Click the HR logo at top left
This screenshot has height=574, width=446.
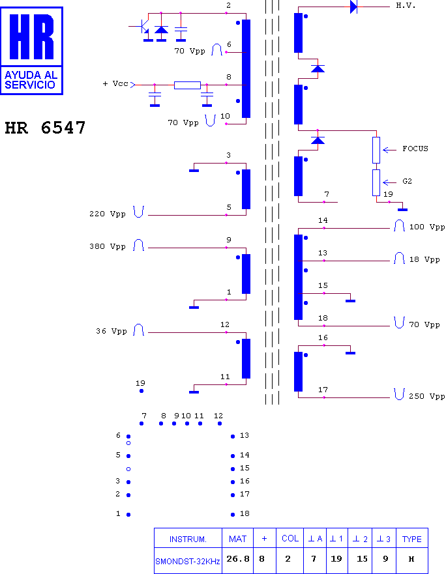click(x=31, y=51)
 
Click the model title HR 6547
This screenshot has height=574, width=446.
click(x=45, y=128)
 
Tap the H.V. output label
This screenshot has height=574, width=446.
click(x=406, y=5)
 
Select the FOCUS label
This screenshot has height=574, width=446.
click(x=415, y=149)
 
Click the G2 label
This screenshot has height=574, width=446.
click(x=407, y=181)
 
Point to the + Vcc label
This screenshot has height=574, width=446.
click(x=115, y=83)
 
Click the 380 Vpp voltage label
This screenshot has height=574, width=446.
click(x=108, y=246)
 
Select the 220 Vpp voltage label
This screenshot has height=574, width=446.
click(x=108, y=214)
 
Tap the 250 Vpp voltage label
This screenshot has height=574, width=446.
click(x=427, y=396)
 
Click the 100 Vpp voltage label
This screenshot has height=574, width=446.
click(x=427, y=227)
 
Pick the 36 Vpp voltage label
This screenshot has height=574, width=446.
click(x=111, y=331)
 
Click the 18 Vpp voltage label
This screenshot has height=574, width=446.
click(x=424, y=259)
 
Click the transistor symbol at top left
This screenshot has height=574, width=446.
click(x=143, y=26)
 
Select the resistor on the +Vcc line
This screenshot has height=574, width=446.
click(x=187, y=85)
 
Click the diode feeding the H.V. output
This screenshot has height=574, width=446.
click(x=353, y=7)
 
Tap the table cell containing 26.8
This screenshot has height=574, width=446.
click(x=237, y=559)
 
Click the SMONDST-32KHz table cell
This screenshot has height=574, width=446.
click(x=188, y=561)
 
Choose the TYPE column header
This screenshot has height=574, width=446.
click(x=412, y=538)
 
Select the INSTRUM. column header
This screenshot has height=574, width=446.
click(x=188, y=539)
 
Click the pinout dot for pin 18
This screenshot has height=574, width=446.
click(x=233, y=515)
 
